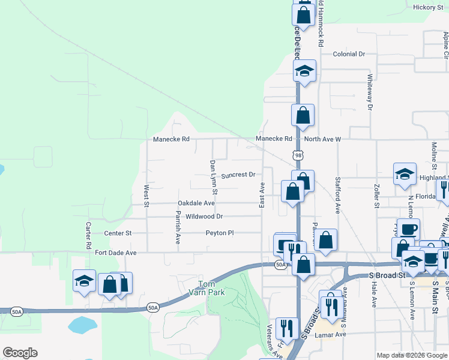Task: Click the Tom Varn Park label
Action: click(x=211, y=287)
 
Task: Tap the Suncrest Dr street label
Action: click(x=238, y=176)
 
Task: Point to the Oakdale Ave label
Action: click(x=196, y=203)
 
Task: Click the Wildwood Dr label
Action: click(x=204, y=217)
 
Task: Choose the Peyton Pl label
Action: click(x=219, y=233)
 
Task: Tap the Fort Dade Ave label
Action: click(x=116, y=253)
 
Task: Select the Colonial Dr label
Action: click(x=349, y=54)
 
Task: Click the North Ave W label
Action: click(x=322, y=139)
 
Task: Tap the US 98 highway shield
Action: click(x=298, y=155)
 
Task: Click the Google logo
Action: click(x=20, y=353)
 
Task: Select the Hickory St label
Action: click(x=427, y=7)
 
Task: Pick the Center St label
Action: click(x=118, y=233)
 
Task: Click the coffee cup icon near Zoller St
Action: click(x=408, y=229)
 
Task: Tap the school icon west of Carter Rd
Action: click(x=84, y=281)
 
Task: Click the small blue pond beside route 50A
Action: click(x=83, y=325)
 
